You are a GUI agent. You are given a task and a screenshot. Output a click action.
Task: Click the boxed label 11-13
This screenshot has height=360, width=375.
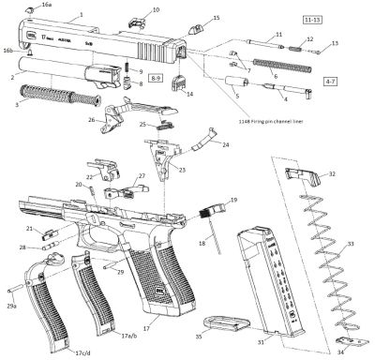point(314,19)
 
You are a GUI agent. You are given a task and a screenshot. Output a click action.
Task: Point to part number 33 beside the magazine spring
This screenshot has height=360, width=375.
point(350,244)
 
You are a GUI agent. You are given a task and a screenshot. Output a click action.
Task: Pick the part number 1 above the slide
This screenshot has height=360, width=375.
point(82,16)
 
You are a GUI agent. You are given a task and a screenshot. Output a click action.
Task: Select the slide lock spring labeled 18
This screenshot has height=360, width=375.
point(215,229)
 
